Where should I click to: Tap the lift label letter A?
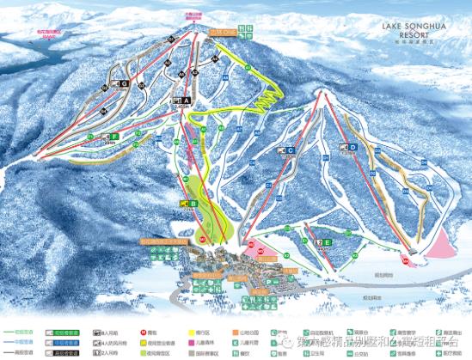tap(185, 101)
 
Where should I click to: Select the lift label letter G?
tap(125, 83)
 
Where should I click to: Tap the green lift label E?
tap(328, 243)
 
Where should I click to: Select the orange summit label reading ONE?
tap(227, 34)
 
